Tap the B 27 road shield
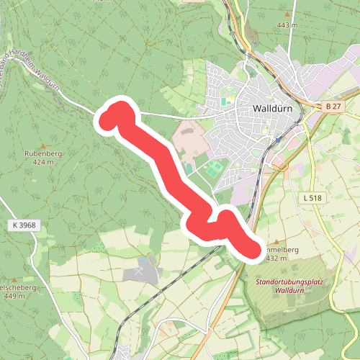tap(332, 107)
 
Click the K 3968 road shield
tap(23, 225)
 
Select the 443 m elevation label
tap(287, 25)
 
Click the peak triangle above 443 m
tap(287, 15)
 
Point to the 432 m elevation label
tap(277, 258)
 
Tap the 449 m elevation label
tap(14, 296)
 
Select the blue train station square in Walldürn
tap(278, 140)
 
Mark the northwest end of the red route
tap(110, 119)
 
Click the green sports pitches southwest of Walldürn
tap(213, 171)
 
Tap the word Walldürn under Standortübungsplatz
tap(289, 292)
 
